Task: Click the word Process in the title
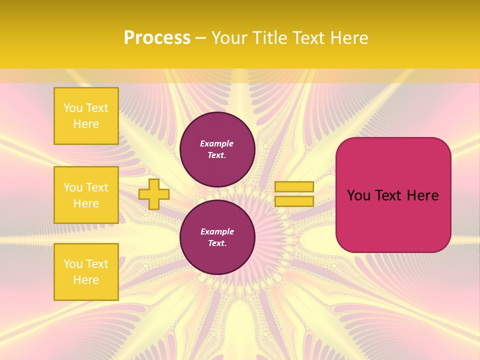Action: point(157,38)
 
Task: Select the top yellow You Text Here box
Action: point(86,116)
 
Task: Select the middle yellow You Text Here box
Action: point(86,195)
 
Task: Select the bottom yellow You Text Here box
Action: point(86,271)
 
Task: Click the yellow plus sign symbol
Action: point(154,194)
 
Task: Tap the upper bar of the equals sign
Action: point(294,186)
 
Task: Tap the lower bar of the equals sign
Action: point(294,201)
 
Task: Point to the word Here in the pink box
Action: point(422,195)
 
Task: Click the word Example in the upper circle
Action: point(216,143)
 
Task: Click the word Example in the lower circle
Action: point(217,231)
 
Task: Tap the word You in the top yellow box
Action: point(73,108)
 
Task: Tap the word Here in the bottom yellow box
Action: point(86,280)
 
